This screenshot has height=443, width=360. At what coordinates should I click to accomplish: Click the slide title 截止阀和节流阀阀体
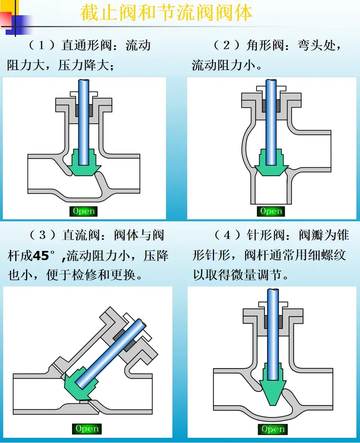[x=166, y=13]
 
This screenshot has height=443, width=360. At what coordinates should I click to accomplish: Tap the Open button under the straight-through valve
[x=84, y=211]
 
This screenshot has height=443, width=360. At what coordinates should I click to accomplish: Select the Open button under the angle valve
[x=271, y=211]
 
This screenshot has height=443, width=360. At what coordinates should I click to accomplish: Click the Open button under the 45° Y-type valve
[x=87, y=429]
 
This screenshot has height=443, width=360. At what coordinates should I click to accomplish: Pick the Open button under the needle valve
[x=272, y=429]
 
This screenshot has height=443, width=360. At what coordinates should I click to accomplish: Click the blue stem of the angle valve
[x=271, y=122]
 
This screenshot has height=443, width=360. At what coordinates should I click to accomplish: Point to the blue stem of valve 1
[x=84, y=122]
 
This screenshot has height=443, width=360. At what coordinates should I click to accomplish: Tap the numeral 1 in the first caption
[x=42, y=45]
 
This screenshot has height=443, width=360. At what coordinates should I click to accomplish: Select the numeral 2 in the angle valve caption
[x=226, y=45]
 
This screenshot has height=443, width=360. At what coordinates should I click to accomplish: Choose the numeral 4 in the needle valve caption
[x=227, y=235]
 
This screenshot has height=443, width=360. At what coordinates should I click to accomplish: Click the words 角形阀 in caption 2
[x=265, y=45]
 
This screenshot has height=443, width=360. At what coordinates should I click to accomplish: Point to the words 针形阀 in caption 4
[x=266, y=235]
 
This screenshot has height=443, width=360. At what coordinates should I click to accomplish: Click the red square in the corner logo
[x=6, y=19]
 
